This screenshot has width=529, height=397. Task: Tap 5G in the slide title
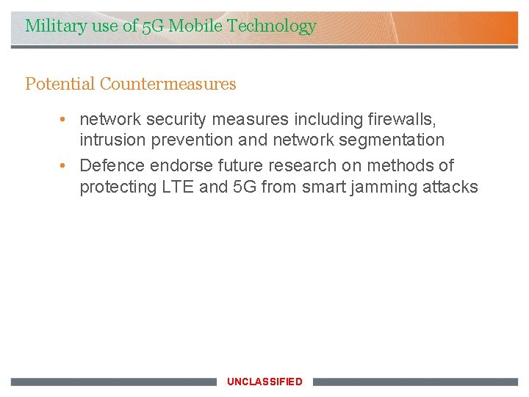coord(153,26)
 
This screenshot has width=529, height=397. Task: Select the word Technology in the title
coord(272,26)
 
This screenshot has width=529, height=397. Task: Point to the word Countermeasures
coord(168,84)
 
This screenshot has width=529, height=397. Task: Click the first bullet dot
coord(65,119)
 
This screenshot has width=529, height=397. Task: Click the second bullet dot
coord(65,165)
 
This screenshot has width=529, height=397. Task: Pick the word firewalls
coord(404,119)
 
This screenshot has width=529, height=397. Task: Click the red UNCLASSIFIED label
coord(264,382)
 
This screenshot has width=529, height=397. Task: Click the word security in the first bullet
coord(179,119)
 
